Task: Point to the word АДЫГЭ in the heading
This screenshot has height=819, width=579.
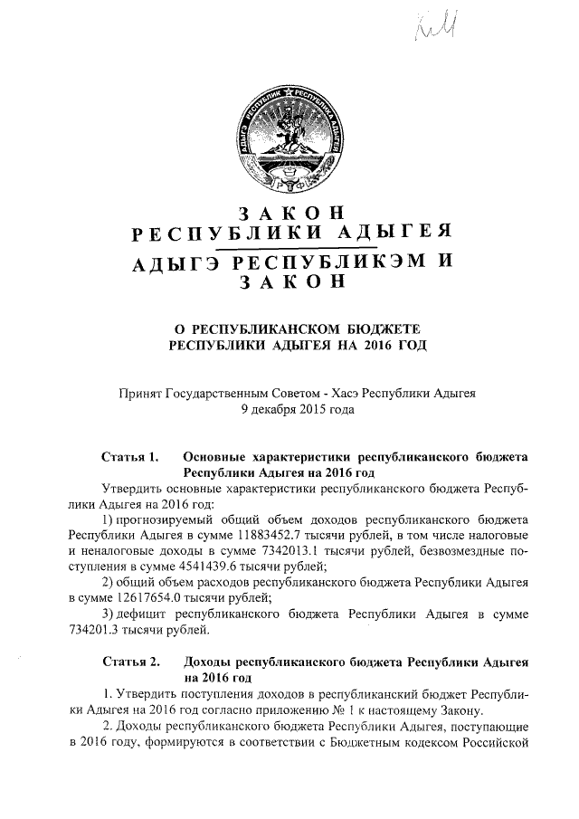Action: [173, 262]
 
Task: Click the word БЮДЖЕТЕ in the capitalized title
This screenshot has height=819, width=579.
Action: [379, 327]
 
